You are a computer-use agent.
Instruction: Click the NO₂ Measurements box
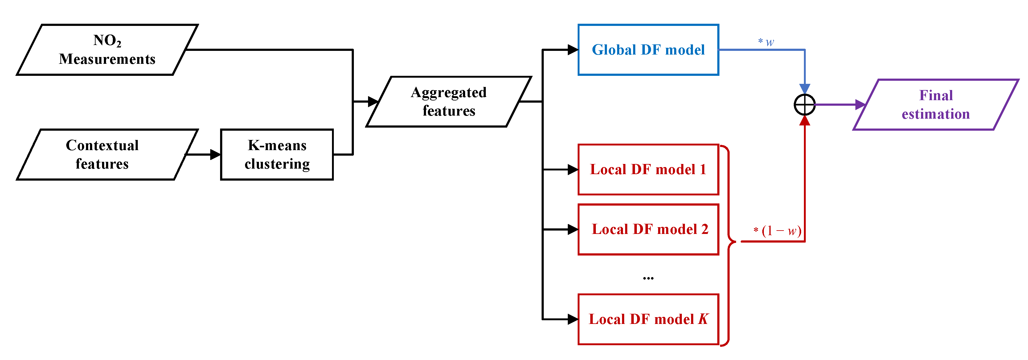[x=107, y=50]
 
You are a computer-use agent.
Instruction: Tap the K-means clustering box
[x=277, y=154]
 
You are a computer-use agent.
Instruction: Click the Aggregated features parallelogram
[x=448, y=102]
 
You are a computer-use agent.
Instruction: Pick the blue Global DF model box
[x=648, y=50]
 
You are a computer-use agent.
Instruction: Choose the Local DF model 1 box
[x=648, y=170]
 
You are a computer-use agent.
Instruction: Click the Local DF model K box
[x=648, y=319]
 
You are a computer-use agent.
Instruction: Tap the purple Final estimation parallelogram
[x=936, y=104]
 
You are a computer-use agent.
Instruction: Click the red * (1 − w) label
[x=777, y=231]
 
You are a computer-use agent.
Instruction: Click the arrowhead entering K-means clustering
[x=215, y=154]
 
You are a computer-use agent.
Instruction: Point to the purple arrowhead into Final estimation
[x=860, y=104]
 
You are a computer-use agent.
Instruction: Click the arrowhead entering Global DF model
[x=573, y=50]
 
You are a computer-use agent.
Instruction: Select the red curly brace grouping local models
[x=729, y=241]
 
